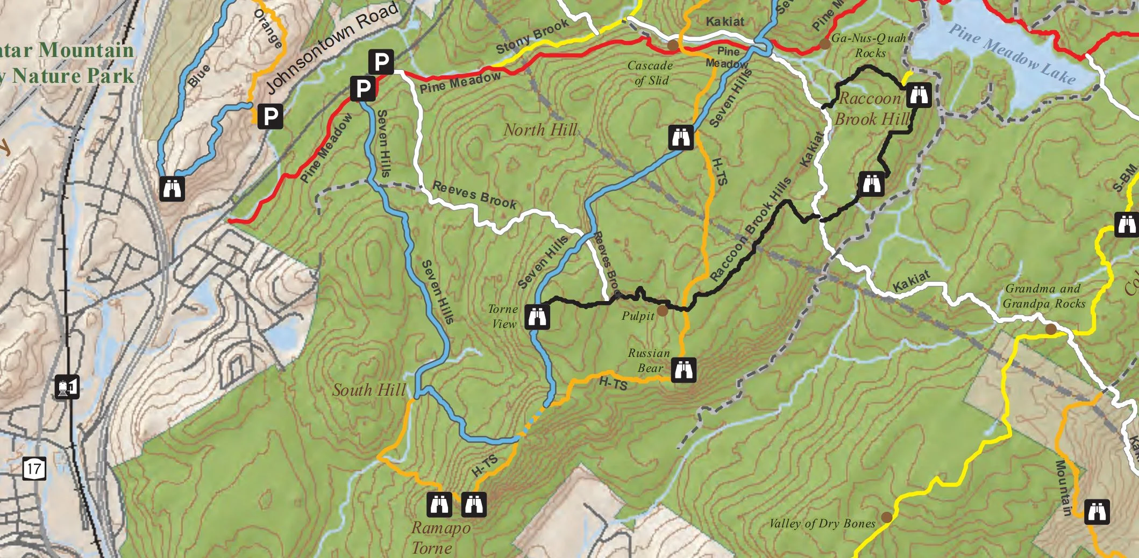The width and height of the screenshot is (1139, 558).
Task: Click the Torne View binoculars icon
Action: point(537,317)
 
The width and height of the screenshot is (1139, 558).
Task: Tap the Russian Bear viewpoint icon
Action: point(684,369)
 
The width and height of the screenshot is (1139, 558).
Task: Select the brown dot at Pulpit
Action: point(663,311)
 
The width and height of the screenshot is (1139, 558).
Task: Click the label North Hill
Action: point(540,130)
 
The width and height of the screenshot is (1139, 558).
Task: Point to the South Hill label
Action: point(369,390)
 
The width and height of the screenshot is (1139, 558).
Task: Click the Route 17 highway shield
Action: point(34,468)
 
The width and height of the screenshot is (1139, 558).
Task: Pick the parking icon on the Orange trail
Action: point(270,116)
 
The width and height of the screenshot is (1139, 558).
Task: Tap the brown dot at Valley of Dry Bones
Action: point(887,517)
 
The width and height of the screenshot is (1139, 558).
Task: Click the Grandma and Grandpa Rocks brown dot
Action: point(1050,329)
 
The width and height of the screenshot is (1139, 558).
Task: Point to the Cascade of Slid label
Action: point(650,73)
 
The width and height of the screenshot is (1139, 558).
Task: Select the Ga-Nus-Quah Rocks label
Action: point(869,46)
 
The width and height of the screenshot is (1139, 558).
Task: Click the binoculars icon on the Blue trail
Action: point(173,188)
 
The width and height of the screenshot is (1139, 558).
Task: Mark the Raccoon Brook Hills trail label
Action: point(751,229)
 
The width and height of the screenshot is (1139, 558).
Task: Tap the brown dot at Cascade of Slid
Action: point(673,45)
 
